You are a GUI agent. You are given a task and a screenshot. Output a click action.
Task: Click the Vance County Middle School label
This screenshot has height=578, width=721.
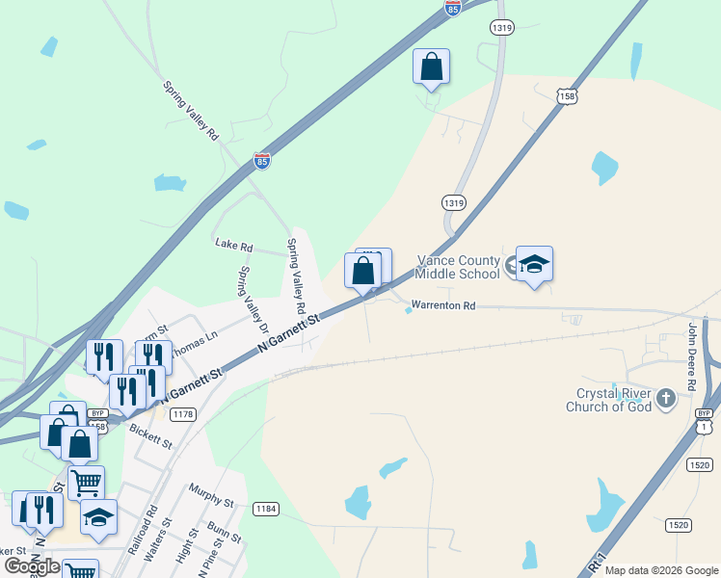(458, 267)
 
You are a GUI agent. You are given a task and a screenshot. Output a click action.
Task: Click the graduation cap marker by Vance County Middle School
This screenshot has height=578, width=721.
(534, 263)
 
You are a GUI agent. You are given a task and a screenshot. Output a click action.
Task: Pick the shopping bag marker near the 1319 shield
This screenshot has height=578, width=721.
(431, 67)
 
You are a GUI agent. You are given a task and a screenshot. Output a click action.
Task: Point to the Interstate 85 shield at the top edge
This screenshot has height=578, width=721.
(454, 8)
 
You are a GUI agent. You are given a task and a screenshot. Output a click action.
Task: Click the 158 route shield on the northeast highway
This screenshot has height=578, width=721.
(568, 96)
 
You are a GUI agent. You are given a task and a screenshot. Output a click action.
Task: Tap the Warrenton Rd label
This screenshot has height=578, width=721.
(443, 306)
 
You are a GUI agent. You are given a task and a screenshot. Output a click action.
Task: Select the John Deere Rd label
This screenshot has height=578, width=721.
(691, 356)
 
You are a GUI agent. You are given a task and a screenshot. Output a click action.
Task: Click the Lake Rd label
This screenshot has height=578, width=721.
(234, 246)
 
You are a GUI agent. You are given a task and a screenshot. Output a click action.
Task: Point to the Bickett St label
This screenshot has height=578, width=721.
(152, 437)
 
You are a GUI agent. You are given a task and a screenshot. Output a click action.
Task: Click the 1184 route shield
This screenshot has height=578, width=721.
(266, 508)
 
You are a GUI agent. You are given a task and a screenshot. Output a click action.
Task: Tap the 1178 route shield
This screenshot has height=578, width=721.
(182, 414)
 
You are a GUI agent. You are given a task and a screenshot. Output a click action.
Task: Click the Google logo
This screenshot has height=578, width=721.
(32, 566)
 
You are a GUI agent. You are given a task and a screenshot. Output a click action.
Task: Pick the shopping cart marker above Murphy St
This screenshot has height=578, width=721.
(86, 482)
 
